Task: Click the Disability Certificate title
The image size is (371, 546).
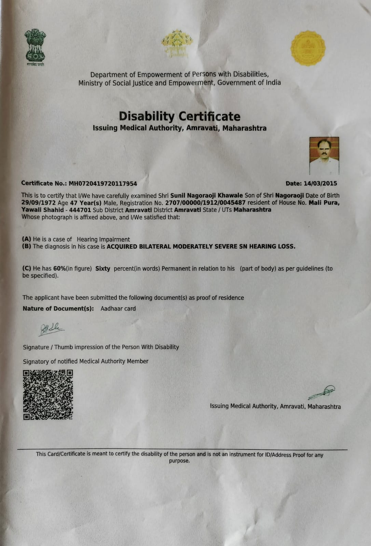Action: (x=179, y=117)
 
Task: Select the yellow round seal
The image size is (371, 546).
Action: (x=308, y=48)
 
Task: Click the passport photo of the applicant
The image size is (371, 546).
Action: (x=324, y=156)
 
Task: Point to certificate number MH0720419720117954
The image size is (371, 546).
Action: (x=103, y=184)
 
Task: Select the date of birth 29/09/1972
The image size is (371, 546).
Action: (x=39, y=203)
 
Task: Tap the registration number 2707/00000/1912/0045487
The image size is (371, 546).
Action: (x=205, y=203)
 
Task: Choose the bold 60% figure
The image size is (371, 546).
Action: (x=59, y=269)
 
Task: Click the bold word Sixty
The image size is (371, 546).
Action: (x=102, y=269)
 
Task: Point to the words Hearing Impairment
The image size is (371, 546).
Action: (x=103, y=240)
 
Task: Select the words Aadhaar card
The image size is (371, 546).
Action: (x=118, y=308)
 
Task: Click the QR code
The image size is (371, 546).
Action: (x=48, y=395)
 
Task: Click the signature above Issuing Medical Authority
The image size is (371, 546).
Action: (x=322, y=392)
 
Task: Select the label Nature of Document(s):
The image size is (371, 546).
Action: (x=58, y=308)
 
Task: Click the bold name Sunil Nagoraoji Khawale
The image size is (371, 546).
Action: (x=206, y=196)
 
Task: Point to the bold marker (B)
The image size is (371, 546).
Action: (x=27, y=247)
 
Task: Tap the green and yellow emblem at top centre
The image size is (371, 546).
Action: (x=177, y=44)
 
